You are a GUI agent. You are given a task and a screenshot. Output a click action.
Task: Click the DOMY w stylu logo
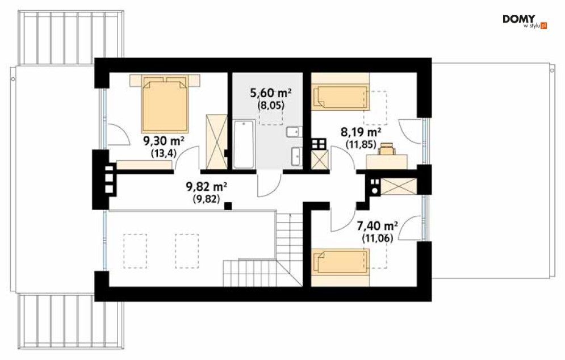(525, 22)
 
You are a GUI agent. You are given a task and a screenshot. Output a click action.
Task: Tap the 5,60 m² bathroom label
(271, 93)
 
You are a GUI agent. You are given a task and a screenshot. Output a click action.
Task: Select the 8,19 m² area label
(361, 132)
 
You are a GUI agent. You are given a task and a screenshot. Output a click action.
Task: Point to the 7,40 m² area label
(377, 226)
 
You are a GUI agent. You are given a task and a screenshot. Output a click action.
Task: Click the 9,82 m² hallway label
(207, 187)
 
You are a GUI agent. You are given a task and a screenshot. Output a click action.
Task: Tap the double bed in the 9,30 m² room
(165, 103)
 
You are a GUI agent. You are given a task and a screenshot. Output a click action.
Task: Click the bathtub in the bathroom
(244, 144)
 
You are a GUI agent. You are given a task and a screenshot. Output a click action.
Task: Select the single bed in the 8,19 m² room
(341, 96)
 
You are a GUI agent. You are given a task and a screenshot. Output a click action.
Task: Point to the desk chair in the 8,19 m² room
(386, 148)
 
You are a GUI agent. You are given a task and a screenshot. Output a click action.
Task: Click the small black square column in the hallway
(228, 206)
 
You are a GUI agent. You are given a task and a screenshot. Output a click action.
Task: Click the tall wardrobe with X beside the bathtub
(216, 141)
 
